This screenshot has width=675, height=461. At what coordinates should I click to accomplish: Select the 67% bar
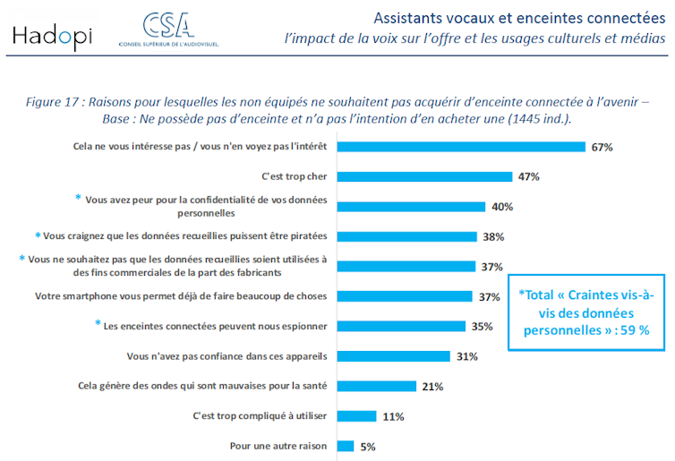[461, 147]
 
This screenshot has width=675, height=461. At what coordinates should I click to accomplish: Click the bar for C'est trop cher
[424, 176]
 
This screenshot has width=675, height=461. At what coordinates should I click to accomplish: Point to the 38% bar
[406, 236]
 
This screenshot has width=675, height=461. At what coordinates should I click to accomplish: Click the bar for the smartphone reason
[404, 296]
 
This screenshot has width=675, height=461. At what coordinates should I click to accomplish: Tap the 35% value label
[483, 327]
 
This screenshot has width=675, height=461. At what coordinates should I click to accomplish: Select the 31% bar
[393, 356]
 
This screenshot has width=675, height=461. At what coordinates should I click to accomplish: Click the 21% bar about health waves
[376, 386]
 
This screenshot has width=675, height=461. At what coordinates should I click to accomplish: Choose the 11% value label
[393, 416]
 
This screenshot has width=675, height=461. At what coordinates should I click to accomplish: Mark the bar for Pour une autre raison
[344, 446]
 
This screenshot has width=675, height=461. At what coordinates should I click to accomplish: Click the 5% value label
[367, 446]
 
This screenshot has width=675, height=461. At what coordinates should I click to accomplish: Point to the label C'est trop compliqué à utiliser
[261, 416]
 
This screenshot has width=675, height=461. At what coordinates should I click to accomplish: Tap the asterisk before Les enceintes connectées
[98, 324]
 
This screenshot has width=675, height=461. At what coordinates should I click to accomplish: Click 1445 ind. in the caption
[532, 118]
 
